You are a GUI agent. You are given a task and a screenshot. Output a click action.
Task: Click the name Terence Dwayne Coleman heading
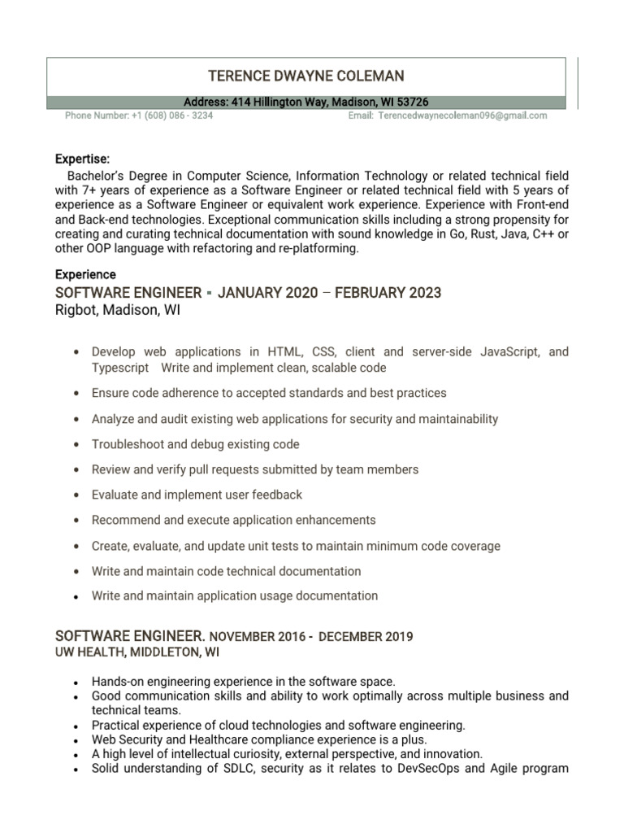pos(305,76)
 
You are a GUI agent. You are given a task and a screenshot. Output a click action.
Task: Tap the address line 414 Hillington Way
pos(305,102)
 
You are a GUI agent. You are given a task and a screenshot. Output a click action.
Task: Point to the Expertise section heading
pos(82,159)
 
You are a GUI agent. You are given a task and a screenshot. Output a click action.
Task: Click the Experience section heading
pos(85,274)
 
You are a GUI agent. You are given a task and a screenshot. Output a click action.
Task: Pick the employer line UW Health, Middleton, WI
pos(136,652)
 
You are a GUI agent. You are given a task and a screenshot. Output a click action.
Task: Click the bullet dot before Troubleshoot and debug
pos(76,445)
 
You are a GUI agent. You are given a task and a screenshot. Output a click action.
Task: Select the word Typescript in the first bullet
pos(120,368)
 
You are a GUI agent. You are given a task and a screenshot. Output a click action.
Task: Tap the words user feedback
pos(266,495)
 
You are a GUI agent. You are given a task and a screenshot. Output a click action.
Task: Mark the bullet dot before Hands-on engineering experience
pos(76,682)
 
